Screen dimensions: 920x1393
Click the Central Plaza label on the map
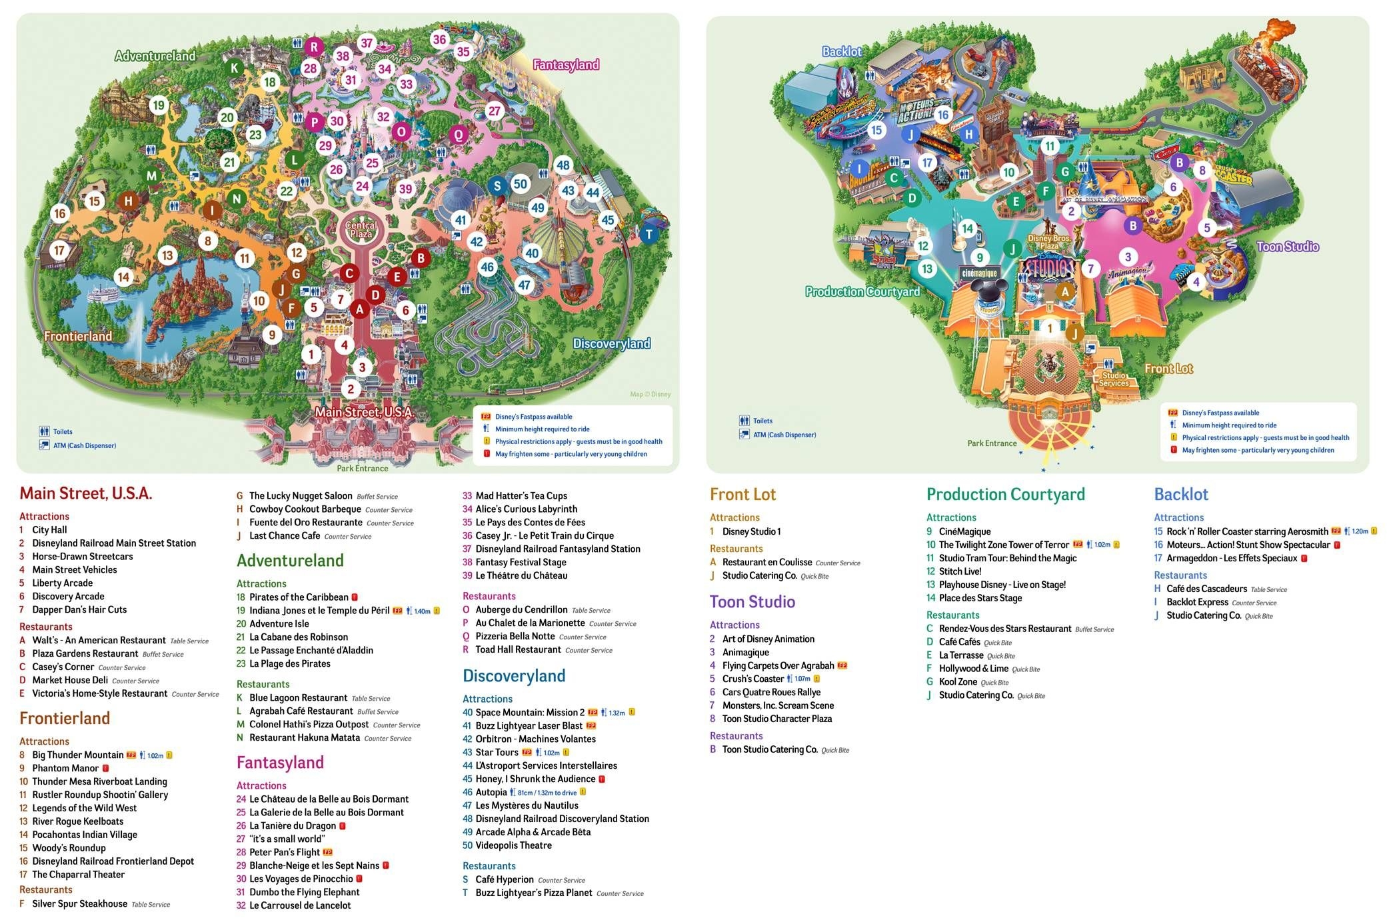pos(361,229)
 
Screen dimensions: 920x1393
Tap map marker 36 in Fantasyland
pos(439,39)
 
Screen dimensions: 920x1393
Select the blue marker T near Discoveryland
pos(649,234)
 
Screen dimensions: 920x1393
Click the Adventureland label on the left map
pos(155,56)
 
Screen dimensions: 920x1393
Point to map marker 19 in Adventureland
pos(158,105)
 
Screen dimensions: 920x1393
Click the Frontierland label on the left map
pos(78,336)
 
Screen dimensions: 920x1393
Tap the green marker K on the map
pos(234,67)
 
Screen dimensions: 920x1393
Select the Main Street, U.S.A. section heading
pos(86,493)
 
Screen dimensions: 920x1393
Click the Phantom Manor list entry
pos(65,768)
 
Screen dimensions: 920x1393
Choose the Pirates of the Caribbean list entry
pos(299,597)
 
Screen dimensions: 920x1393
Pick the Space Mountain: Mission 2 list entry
pos(529,712)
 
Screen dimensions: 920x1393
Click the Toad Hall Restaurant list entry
pos(518,649)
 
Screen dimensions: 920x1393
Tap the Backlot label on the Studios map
pos(841,51)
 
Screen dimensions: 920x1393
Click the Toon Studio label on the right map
pos(1287,247)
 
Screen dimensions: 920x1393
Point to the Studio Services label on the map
pos(1114,379)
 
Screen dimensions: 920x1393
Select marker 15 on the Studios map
pos(876,130)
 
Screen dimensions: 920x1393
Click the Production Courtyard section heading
pos(1005,495)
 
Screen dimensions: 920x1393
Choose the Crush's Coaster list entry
pos(752,679)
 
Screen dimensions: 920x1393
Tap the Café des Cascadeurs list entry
pos(1206,589)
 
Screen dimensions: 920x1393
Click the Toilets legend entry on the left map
pos(63,431)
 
